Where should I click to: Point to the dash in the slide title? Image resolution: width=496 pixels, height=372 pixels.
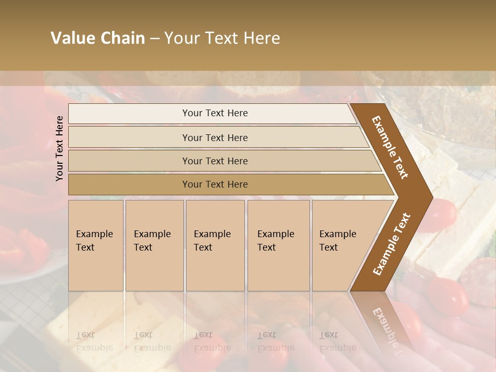coord(154,39)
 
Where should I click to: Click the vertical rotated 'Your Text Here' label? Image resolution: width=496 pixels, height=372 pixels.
coord(59,148)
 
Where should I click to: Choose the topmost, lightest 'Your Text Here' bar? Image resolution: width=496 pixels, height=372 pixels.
coord(214,113)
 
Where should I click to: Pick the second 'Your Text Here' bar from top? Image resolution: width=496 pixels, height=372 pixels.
coord(214,137)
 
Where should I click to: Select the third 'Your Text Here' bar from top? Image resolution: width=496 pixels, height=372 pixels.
coord(214,161)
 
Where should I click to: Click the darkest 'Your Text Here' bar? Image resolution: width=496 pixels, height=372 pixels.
coord(214,184)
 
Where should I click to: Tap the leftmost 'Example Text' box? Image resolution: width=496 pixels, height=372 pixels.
coord(96,245)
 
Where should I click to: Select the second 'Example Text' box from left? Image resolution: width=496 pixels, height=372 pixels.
coord(154,245)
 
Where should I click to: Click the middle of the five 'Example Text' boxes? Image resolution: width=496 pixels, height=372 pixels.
coord(214,245)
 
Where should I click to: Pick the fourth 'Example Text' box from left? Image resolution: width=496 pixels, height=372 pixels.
coord(278,245)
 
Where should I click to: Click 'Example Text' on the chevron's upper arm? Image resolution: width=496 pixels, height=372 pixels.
coord(390,147)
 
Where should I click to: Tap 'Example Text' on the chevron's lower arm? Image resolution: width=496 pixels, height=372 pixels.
coord(392,244)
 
